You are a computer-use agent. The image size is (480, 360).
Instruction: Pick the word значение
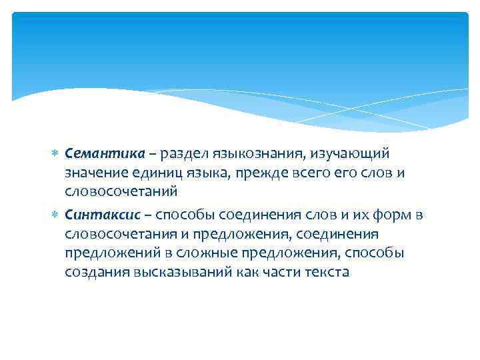pos(95,173)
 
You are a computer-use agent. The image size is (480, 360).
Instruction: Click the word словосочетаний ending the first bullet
pos(121,192)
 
